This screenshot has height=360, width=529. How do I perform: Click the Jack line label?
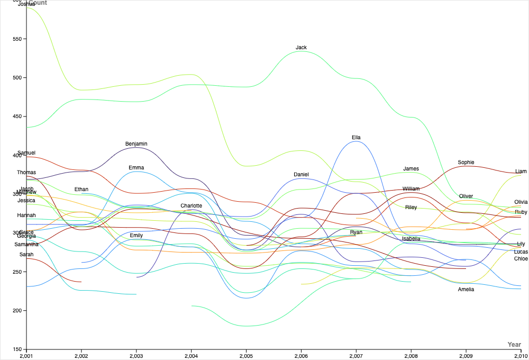tap(301, 48)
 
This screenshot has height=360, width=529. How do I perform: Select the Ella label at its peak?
tap(356, 138)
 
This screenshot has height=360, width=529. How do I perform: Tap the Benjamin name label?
tap(136, 144)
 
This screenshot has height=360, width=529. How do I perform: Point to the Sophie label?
tap(466, 163)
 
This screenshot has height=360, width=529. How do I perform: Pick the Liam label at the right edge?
tap(521, 172)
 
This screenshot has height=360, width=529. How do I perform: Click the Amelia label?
tap(466, 290)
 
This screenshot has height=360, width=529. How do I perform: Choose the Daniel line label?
tap(301, 175)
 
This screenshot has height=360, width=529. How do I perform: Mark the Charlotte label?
tap(191, 206)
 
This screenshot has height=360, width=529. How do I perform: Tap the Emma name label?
tap(136, 168)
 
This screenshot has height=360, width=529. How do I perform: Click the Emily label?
tap(136, 236)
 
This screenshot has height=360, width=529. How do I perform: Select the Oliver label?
tap(466, 196)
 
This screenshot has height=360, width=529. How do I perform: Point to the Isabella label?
tap(411, 239)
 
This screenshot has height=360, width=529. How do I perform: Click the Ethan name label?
tap(81, 190)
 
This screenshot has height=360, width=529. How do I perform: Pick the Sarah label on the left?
tap(26, 255)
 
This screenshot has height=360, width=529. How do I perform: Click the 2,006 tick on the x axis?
tap(301, 355)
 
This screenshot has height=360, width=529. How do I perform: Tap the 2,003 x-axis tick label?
tap(136, 355)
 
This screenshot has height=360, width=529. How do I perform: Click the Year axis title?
tap(514, 345)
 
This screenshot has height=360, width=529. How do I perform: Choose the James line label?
tap(411, 169)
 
